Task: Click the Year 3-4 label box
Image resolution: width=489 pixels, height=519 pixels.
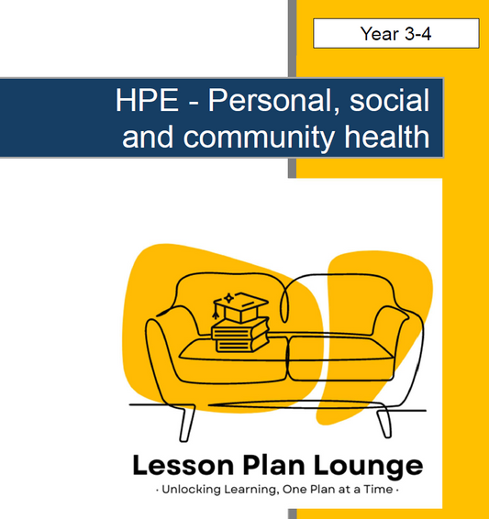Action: pos(395,34)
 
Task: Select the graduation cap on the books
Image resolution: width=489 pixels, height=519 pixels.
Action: pos(239,307)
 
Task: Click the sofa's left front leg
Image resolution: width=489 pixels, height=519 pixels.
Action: pos(188,421)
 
